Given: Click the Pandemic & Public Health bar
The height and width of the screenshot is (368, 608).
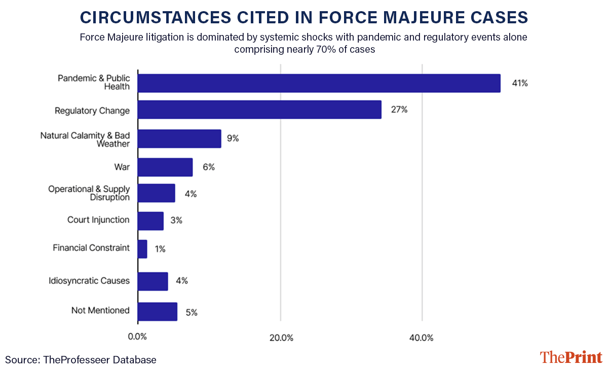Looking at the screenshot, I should pos(319,83).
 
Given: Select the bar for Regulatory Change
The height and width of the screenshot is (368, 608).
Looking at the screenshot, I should pos(259,110).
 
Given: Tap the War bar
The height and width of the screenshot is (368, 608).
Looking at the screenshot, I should pos(165,167).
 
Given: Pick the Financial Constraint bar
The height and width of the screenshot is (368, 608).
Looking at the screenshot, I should pos(142,249).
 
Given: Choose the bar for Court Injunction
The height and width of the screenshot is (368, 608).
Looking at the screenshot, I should pos(150,221).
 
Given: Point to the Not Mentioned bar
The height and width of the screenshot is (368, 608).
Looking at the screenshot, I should pos(158,312).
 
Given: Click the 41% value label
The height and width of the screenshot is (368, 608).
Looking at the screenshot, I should pos(520,84).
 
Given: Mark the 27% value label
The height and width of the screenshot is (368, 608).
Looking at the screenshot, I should pos(399,109).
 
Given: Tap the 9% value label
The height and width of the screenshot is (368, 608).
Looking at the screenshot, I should pos(233,138).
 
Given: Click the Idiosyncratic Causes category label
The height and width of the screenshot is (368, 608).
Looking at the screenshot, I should pos(89,281).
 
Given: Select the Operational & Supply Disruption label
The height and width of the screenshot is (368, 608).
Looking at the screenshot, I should pos(89,193).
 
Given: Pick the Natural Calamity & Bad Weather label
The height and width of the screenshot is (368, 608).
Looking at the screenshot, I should pos(85,139).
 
